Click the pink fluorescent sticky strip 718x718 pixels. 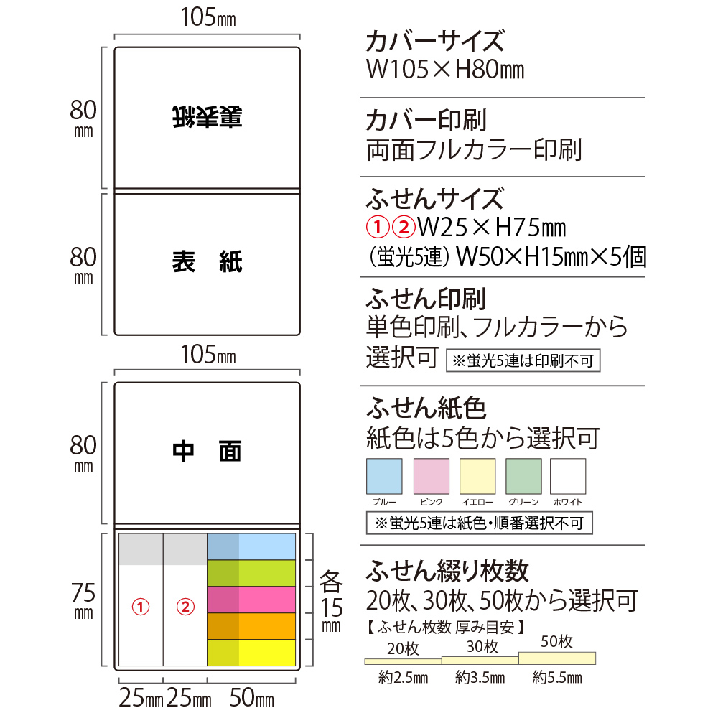(251, 600)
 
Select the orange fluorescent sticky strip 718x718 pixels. (251, 626)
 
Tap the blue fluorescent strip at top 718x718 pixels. (251, 546)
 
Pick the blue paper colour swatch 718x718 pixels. (384, 476)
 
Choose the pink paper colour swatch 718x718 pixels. (432, 476)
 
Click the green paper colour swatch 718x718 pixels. (523, 476)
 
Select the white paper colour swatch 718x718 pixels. (568, 476)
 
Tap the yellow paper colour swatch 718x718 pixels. (477, 476)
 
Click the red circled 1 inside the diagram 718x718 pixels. (141, 607)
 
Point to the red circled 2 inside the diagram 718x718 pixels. (185, 607)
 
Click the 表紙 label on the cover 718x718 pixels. (208, 262)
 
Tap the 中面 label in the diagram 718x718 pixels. (207, 452)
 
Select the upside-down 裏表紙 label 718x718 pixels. (208, 117)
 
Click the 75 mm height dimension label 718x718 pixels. (83, 600)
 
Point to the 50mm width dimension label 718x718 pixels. (251, 698)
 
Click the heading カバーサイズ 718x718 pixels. (435, 41)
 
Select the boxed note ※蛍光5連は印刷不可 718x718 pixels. (523, 361)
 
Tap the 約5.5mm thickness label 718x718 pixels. (557, 677)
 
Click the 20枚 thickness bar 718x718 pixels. (403, 661)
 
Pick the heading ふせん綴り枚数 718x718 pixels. (447, 571)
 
